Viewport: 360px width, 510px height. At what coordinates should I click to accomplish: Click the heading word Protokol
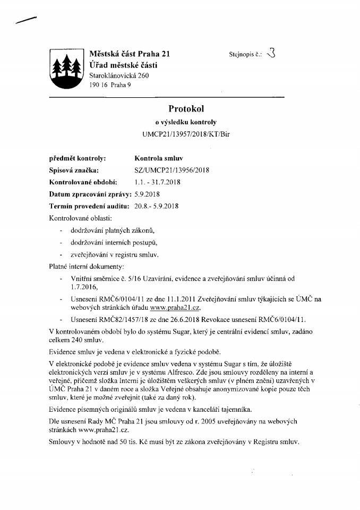[x=183, y=109]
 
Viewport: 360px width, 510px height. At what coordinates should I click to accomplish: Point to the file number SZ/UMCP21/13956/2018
[x=172, y=170]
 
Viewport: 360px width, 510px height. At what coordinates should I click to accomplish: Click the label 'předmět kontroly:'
[x=77, y=158]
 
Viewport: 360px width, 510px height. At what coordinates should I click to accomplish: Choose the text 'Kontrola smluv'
[x=158, y=158]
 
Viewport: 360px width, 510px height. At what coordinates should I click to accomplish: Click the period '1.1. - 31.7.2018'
[x=158, y=182]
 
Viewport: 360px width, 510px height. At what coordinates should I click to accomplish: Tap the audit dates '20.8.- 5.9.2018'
[x=159, y=206]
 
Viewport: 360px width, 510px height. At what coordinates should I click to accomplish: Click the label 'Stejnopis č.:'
[x=246, y=54]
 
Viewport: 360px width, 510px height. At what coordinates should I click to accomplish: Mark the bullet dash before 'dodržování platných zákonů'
[x=63, y=230]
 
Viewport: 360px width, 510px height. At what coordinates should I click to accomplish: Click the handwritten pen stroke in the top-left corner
[x=26, y=20]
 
